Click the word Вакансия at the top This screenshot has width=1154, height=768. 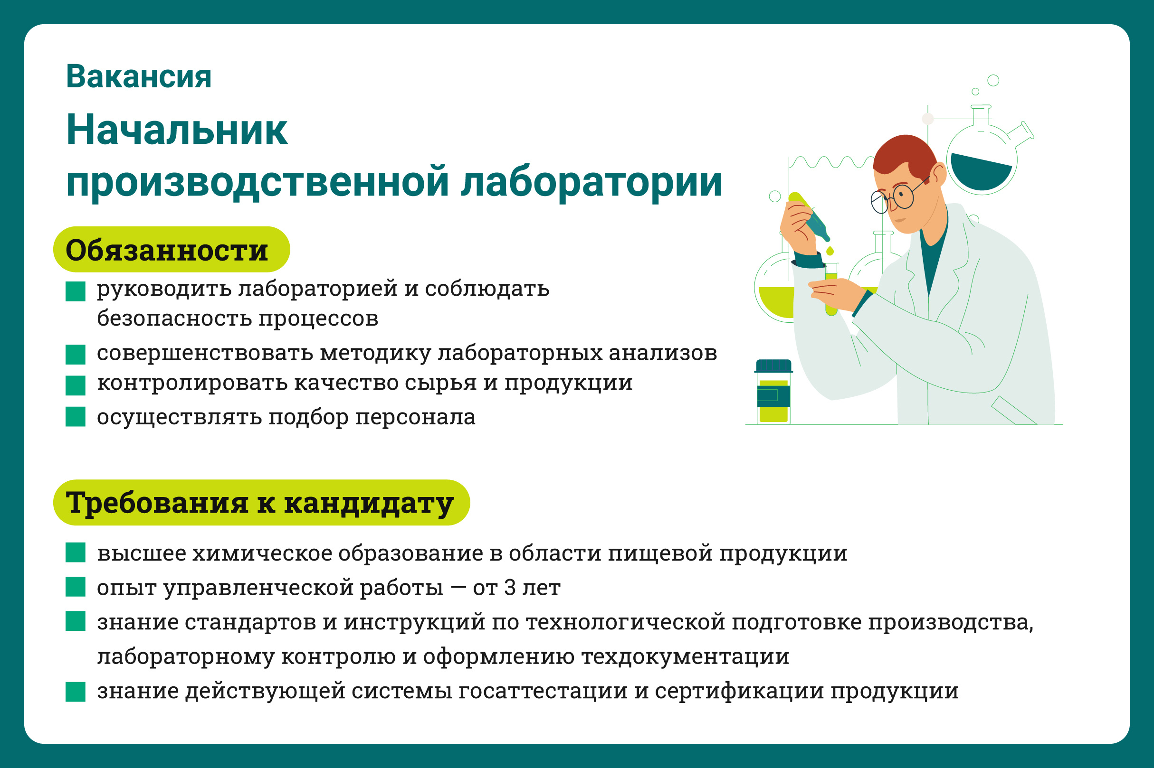139,77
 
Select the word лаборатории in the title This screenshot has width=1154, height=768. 591,182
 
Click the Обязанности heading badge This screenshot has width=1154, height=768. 171,249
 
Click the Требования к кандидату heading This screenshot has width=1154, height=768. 261,503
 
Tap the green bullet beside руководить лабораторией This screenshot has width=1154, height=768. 76,291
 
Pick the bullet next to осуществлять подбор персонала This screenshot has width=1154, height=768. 76,417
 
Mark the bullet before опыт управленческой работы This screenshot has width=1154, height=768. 76,587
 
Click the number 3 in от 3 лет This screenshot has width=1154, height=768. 510,587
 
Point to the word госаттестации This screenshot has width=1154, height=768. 543,691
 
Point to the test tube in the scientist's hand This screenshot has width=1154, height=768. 831,289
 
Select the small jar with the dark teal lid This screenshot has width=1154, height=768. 773,392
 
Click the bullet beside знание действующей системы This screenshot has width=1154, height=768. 76,692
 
